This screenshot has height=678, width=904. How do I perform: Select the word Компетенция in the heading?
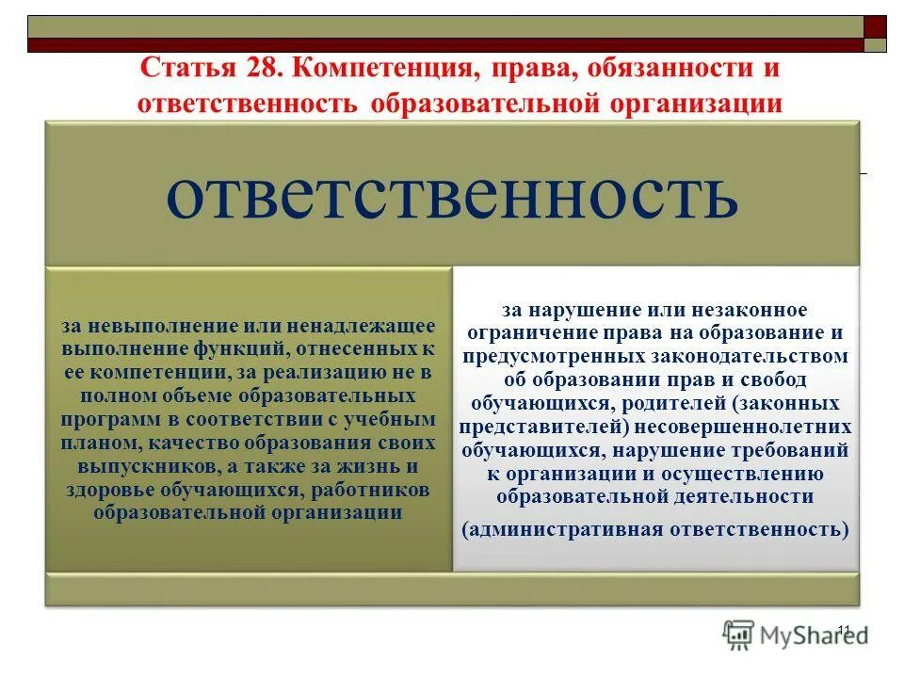[x=373, y=70]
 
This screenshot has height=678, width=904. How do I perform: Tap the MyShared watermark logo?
[x=796, y=635]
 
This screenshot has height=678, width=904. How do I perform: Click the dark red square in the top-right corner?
[x=875, y=26]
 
